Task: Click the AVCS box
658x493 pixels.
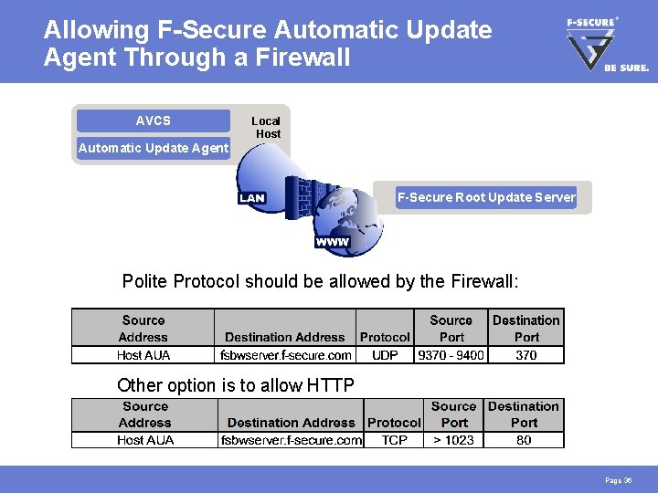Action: point(153,121)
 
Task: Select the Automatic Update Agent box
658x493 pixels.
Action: point(154,148)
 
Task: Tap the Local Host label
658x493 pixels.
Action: point(266,127)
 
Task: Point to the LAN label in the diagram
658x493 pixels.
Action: point(251,198)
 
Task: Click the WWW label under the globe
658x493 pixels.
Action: point(332,242)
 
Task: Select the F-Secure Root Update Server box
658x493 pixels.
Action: point(486,197)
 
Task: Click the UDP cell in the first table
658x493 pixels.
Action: point(385,355)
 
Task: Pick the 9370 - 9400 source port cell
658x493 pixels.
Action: point(451,355)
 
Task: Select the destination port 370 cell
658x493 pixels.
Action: point(526,355)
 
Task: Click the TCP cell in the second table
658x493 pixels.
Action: point(393,440)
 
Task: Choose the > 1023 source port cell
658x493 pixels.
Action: point(453,440)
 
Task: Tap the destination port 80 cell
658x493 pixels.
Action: point(524,440)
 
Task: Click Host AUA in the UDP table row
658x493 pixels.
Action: point(143,355)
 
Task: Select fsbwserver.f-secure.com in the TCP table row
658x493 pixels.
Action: point(292,440)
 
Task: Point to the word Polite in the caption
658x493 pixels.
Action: point(144,281)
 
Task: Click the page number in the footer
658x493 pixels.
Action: point(618,480)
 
